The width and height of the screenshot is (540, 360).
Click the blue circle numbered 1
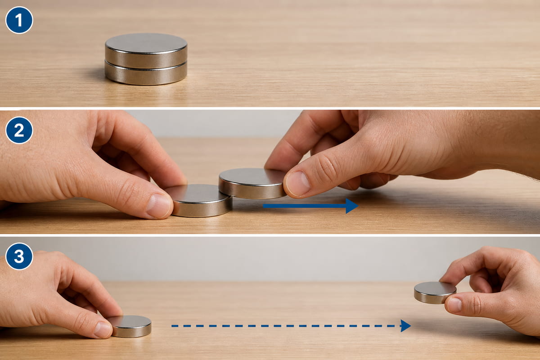point(19,20)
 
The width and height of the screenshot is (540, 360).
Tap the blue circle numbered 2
point(19,130)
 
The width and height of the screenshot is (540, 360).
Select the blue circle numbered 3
point(19,256)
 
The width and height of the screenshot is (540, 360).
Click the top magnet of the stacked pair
point(146,51)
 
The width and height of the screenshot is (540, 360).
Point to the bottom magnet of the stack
point(146,73)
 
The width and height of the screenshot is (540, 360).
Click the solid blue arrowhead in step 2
point(352,206)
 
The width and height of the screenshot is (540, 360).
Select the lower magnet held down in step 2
point(200,201)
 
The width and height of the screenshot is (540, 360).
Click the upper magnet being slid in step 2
point(252,183)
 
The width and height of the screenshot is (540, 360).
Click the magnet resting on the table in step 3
point(130,326)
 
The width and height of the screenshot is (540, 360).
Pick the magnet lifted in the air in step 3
point(435,292)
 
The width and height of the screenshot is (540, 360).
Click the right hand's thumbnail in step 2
point(297,184)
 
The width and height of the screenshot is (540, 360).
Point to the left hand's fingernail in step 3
point(103,329)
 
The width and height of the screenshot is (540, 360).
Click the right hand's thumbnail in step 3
point(454,305)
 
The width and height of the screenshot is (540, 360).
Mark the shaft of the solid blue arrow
point(305,206)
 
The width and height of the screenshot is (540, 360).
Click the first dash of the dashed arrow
point(175,326)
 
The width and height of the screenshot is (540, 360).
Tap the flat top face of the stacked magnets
point(146,43)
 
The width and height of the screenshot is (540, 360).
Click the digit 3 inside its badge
point(19,256)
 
